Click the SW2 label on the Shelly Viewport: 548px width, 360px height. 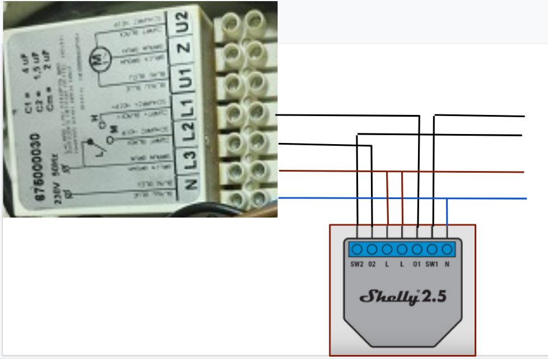[x=357, y=264]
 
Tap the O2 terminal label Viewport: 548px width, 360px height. [x=372, y=264]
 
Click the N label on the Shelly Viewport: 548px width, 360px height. [x=447, y=264]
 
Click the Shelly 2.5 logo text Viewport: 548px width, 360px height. [x=403, y=297]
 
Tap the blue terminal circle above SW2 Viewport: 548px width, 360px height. [x=357, y=250]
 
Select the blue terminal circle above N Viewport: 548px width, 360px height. [x=447, y=250]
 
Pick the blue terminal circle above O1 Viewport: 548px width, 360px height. [x=417, y=250]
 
